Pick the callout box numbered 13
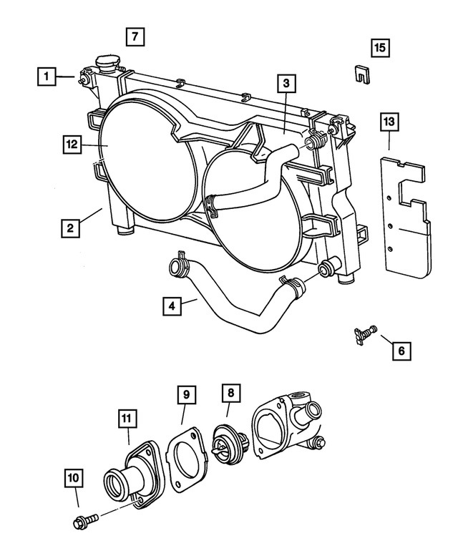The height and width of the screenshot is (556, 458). tap(389, 122)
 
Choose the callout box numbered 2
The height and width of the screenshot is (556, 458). tap(71, 228)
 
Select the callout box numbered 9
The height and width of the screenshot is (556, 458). tap(185, 394)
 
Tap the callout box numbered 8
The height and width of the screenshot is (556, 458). tap(230, 392)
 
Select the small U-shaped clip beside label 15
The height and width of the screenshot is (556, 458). tap(362, 74)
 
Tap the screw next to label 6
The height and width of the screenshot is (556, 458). tap(364, 333)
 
